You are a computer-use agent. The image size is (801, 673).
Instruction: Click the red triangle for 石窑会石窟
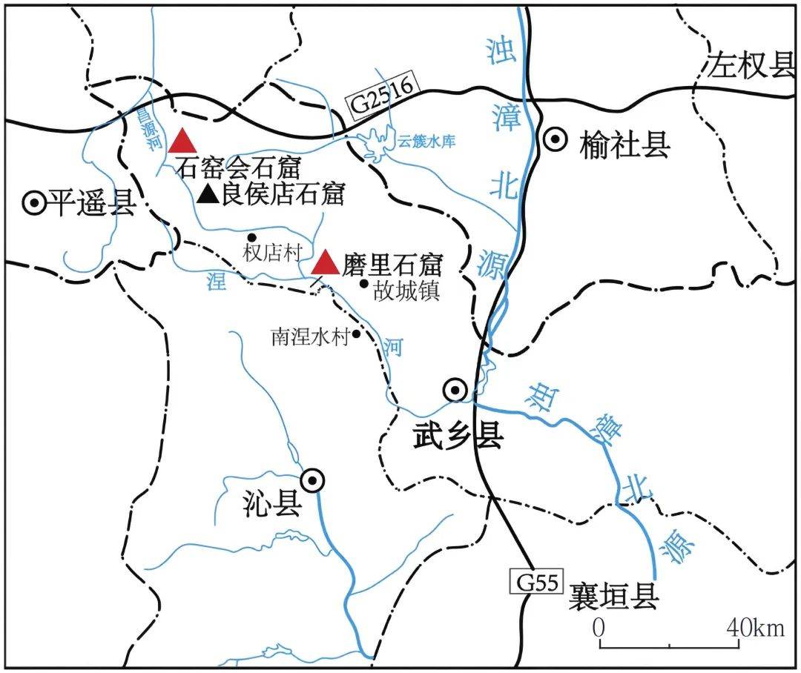(182, 141)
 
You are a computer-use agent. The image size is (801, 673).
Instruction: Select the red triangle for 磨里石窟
(325, 264)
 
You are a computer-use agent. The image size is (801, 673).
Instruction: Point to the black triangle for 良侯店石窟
(210, 194)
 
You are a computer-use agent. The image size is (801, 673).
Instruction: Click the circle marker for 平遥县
(33, 202)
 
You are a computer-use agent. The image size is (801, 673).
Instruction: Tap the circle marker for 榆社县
(555, 139)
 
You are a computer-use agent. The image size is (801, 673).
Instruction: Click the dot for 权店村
(252, 237)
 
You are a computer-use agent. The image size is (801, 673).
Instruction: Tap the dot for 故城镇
(363, 282)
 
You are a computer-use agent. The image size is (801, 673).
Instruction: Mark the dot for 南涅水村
(356, 334)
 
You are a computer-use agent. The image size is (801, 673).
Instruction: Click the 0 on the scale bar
(599, 628)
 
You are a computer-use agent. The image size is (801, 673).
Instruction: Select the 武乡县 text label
(458, 436)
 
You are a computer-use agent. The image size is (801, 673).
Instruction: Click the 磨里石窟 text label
(392, 265)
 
